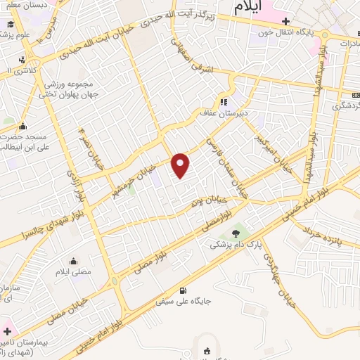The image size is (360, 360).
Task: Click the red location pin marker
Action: click(x=181, y=165)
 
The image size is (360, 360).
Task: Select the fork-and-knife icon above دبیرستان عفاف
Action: click(x=224, y=101)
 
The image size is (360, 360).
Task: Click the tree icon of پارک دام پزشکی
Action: click(x=236, y=232)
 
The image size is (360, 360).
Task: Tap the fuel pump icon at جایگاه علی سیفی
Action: click(x=184, y=291)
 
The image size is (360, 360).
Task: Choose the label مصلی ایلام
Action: click(x=73, y=270)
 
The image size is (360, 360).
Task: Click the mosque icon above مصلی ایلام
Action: click(x=74, y=259)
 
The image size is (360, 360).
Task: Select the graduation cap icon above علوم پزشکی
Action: click(x=11, y=25)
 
